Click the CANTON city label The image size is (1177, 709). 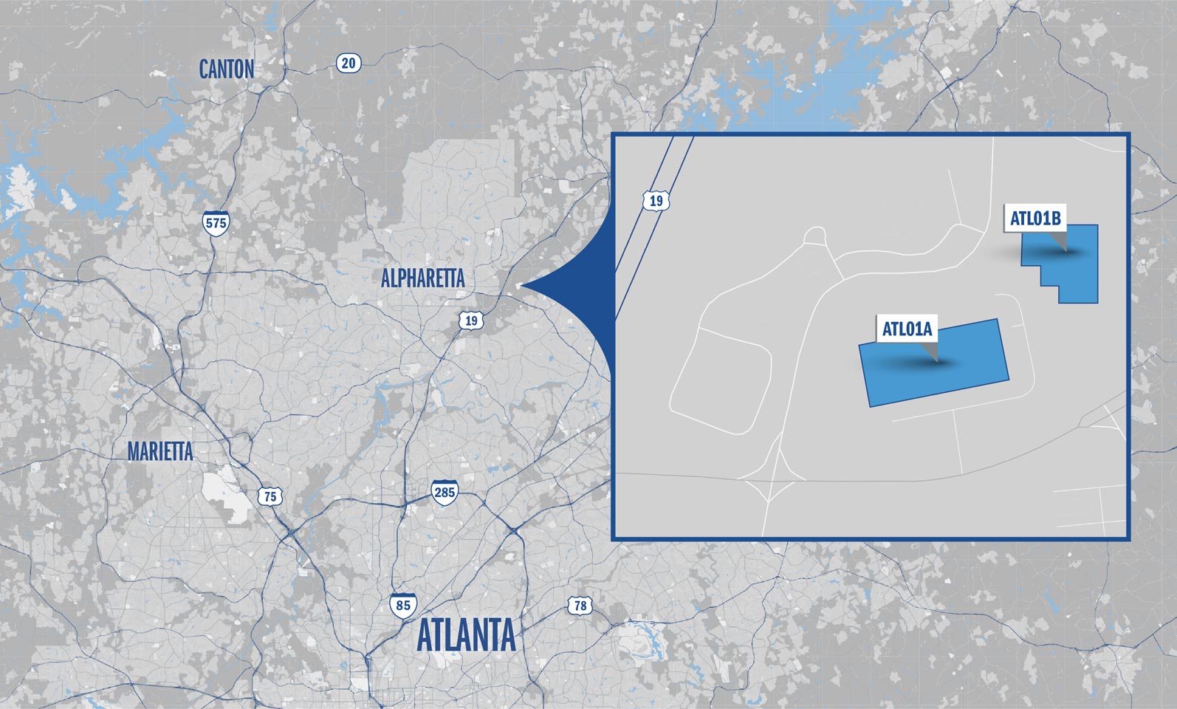pos(227,69)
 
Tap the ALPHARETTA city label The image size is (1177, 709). pos(422,278)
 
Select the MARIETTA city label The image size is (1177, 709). pos(159,451)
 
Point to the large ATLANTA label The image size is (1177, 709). pos(466,636)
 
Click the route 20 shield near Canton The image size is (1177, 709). pos(348,64)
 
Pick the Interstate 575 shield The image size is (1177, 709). pos(216,224)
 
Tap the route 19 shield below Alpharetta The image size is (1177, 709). pos(471,321)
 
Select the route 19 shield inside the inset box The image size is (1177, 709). pos(656,200)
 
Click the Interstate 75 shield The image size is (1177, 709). pos(270,496)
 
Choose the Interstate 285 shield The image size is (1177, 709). pos(444,492)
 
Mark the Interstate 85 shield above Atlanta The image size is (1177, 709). pos(403,605)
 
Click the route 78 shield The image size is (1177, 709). pos(580,606)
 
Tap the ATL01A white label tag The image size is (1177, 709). pos(907,329)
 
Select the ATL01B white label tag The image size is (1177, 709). pos(1035,219)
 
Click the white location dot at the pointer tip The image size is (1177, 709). pos(519,285)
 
